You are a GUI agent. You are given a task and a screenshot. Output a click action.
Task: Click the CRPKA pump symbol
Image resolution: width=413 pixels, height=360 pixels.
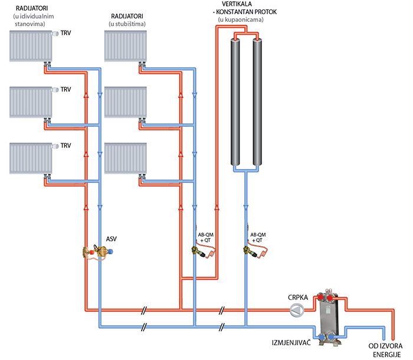point(299,310)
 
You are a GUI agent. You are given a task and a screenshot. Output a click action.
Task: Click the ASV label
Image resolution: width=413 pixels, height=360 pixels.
point(111,238)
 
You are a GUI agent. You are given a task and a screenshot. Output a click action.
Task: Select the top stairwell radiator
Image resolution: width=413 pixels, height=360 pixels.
point(125,46)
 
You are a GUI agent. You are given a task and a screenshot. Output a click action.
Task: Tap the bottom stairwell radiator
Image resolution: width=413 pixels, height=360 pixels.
point(125,158)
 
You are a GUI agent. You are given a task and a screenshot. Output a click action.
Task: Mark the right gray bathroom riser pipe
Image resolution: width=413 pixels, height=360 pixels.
point(258,103)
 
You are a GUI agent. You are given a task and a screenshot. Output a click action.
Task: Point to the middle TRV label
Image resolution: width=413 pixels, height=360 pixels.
point(65,90)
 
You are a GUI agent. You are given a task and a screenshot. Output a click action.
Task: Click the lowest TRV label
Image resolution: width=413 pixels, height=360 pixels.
point(65,145)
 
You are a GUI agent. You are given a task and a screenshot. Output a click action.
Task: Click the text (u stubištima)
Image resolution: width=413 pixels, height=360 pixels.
point(127,24)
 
